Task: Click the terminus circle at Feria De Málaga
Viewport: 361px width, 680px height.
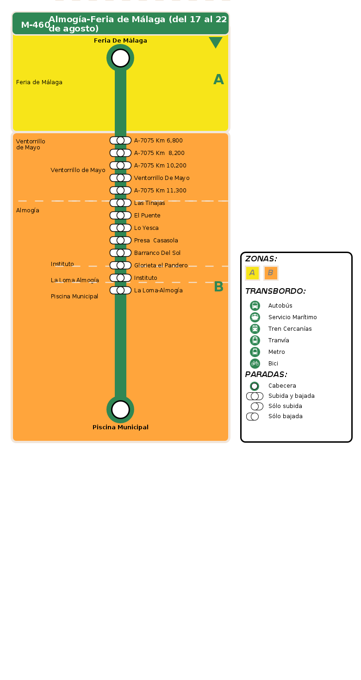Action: (120, 58)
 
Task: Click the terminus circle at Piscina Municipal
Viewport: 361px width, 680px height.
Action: (120, 409)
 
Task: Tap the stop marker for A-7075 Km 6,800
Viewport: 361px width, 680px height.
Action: (120, 141)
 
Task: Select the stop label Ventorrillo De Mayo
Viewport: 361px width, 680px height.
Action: (162, 178)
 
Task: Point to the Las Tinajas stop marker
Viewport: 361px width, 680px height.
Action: (120, 203)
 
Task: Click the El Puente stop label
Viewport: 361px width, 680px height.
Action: (147, 216)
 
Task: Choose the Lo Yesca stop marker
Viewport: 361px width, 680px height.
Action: (120, 228)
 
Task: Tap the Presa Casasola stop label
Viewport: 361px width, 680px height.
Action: (156, 241)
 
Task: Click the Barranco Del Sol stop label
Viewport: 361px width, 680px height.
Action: (157, 253)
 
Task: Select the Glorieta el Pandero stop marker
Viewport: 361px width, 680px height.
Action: (120, 266)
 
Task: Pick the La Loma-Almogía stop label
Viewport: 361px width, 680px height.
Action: (158, 291)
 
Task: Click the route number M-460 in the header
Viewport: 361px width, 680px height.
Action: (35, 25)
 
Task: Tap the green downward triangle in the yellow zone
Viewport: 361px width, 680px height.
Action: (216, 43)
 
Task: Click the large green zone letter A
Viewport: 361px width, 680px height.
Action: (218, 80)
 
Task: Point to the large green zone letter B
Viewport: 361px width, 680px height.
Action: (218, 287)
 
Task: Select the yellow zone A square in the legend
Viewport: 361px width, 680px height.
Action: (252, 273)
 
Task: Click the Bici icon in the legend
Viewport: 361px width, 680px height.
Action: (255, 364)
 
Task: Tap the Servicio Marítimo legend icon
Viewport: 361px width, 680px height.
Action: (255, 317)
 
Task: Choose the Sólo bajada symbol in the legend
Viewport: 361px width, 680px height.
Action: (252, 416)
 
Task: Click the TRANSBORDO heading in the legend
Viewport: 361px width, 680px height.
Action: (275, 291)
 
